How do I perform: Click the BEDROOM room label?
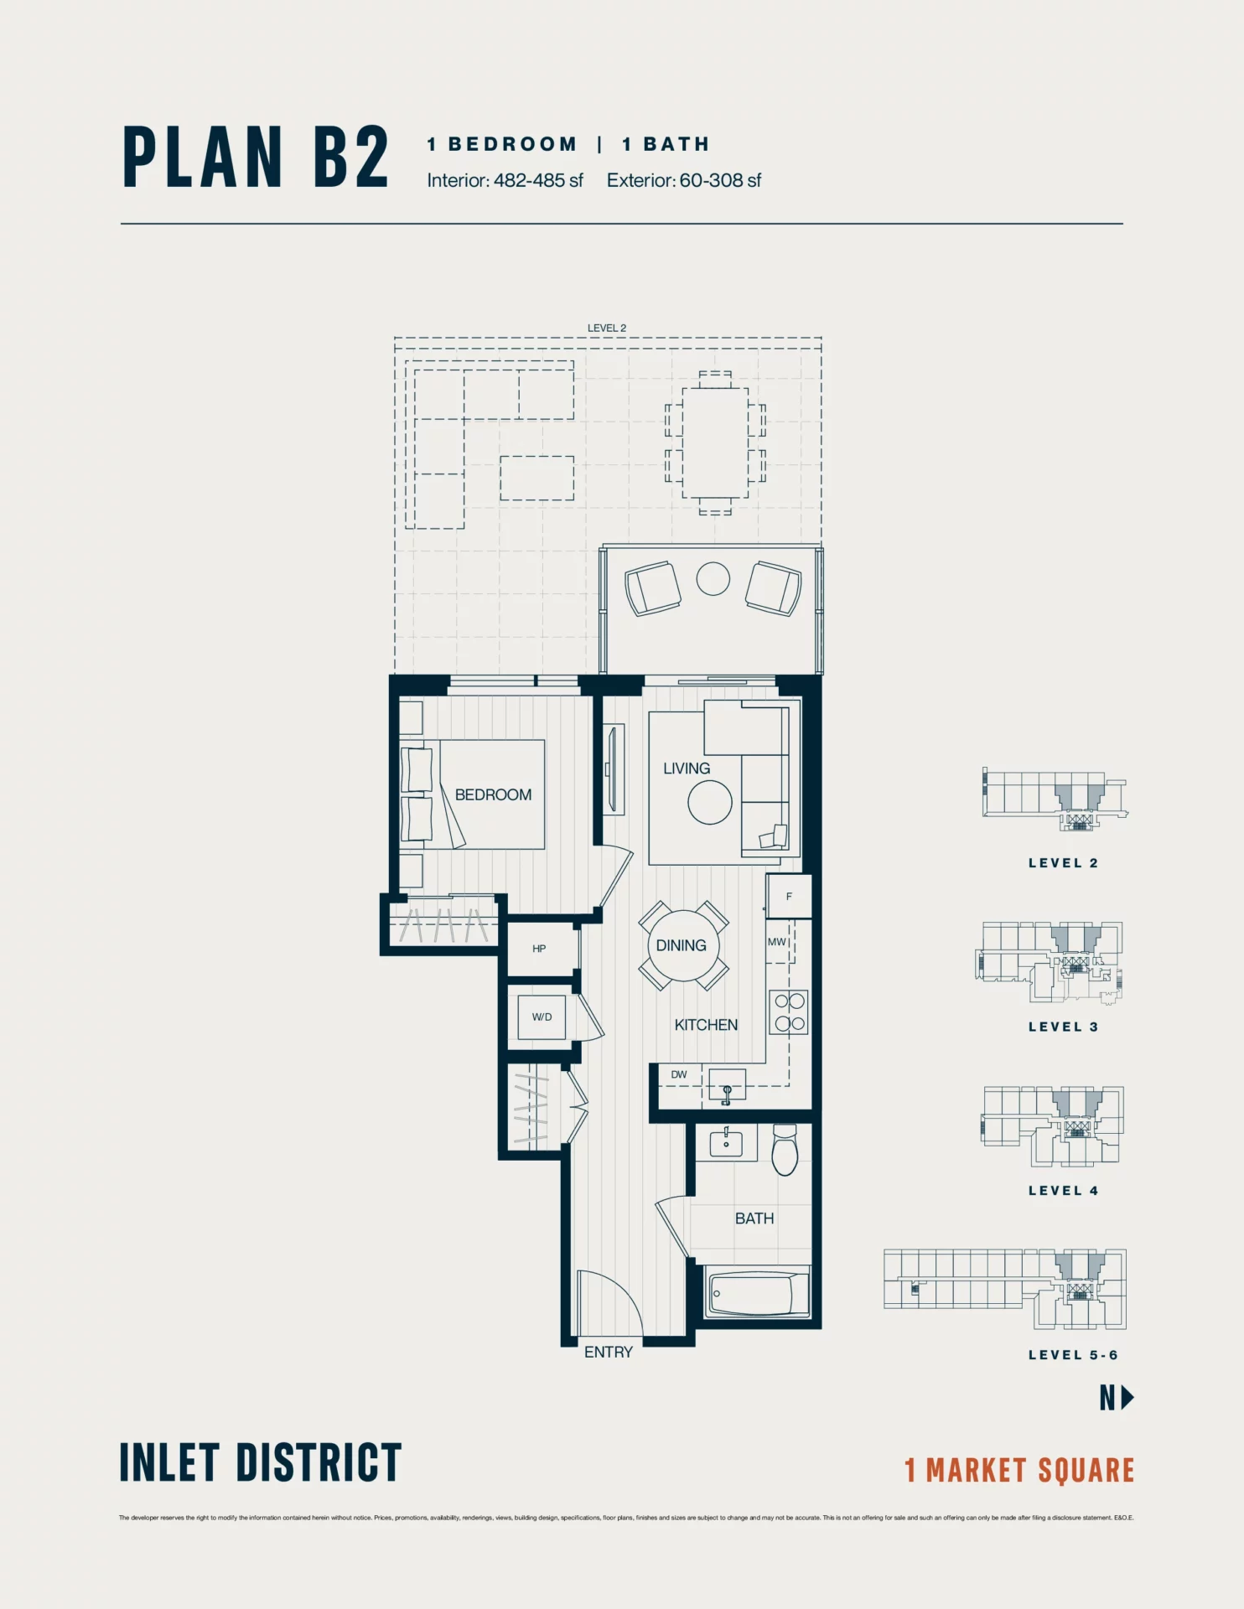coord(493,794)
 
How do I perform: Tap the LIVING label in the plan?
coord(686,768)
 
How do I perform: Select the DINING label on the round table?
coord(681,945)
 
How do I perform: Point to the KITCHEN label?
coord(706,1025)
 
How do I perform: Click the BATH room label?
coord(754,1218)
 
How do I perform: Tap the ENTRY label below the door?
coord(608,1352)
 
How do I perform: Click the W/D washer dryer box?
coord(542,1017)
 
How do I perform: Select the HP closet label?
coord(539,949)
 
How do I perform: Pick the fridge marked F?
coord(789,897)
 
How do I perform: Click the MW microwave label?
coord(777,942)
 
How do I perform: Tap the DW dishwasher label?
coord(679,1074)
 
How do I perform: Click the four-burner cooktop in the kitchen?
coord(789,1012)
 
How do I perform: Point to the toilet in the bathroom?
coord(785,1151)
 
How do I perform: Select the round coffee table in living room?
coord(710,802)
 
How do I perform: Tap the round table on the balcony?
coord(713,578)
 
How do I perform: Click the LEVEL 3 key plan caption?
coord(1063,1027)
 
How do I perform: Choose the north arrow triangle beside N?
coord(1127,1397)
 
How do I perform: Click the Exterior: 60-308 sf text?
coord(684,180)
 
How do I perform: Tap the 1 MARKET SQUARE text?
coord(1019,1471)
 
